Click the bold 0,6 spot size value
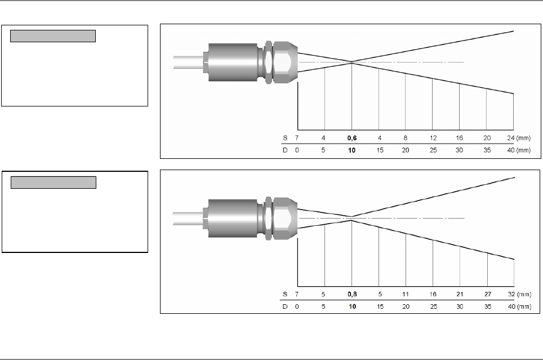click(352, 138)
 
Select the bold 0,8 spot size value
click(352, 294)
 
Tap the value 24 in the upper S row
click(511, 138)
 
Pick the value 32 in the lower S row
click(511, 294)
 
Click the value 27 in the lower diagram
click(488, 294)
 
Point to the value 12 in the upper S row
click(433, 138)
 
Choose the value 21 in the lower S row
click(460, 294)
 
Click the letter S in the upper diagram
click(285, 138)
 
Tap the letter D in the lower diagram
click(285, 306)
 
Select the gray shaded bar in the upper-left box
click(53, 36)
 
